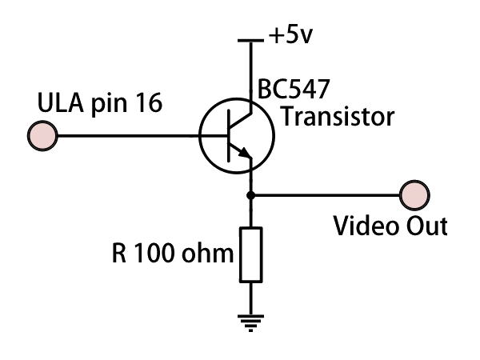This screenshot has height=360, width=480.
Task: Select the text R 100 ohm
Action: [x=171, y=256]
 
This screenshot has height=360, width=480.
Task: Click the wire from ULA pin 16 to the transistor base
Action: [x=128, y=134]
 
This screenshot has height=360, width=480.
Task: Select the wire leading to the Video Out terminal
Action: [x=328, y=194]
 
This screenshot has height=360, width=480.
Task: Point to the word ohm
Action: [x=212, y=256]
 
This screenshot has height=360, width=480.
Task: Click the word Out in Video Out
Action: [x=423, y=226]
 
